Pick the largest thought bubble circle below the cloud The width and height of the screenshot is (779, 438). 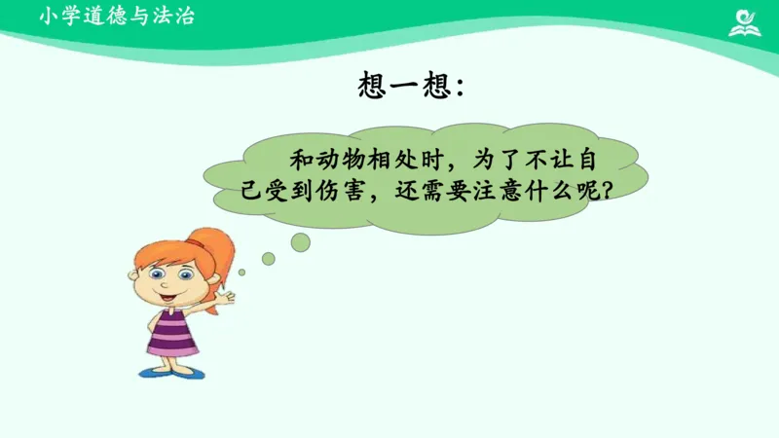click(x=300, y=241)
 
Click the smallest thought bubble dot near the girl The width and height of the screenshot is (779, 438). click(x=242, y=272)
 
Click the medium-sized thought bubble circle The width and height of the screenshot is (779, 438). click(x=268, y=258)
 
